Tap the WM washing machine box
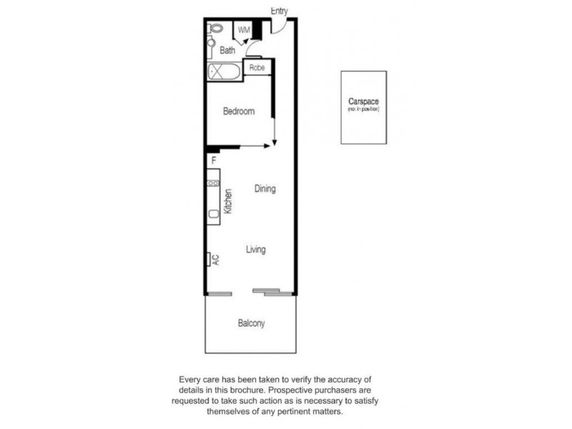(x=244, y=30)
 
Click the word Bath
(x=227, y=51)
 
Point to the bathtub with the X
(x=224, y=71)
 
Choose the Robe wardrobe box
(x=257, y=68)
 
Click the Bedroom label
(x=238, y=112)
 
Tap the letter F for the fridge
(x=213, y=161)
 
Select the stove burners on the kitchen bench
(x=213, y=183)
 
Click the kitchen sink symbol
(x=213, y=214)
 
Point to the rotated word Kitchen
(x=228, y=202)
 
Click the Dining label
(x=265, y=189)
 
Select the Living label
(x=255, y=250)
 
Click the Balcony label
(x=251, y=323)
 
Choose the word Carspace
(x=363, y=101)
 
